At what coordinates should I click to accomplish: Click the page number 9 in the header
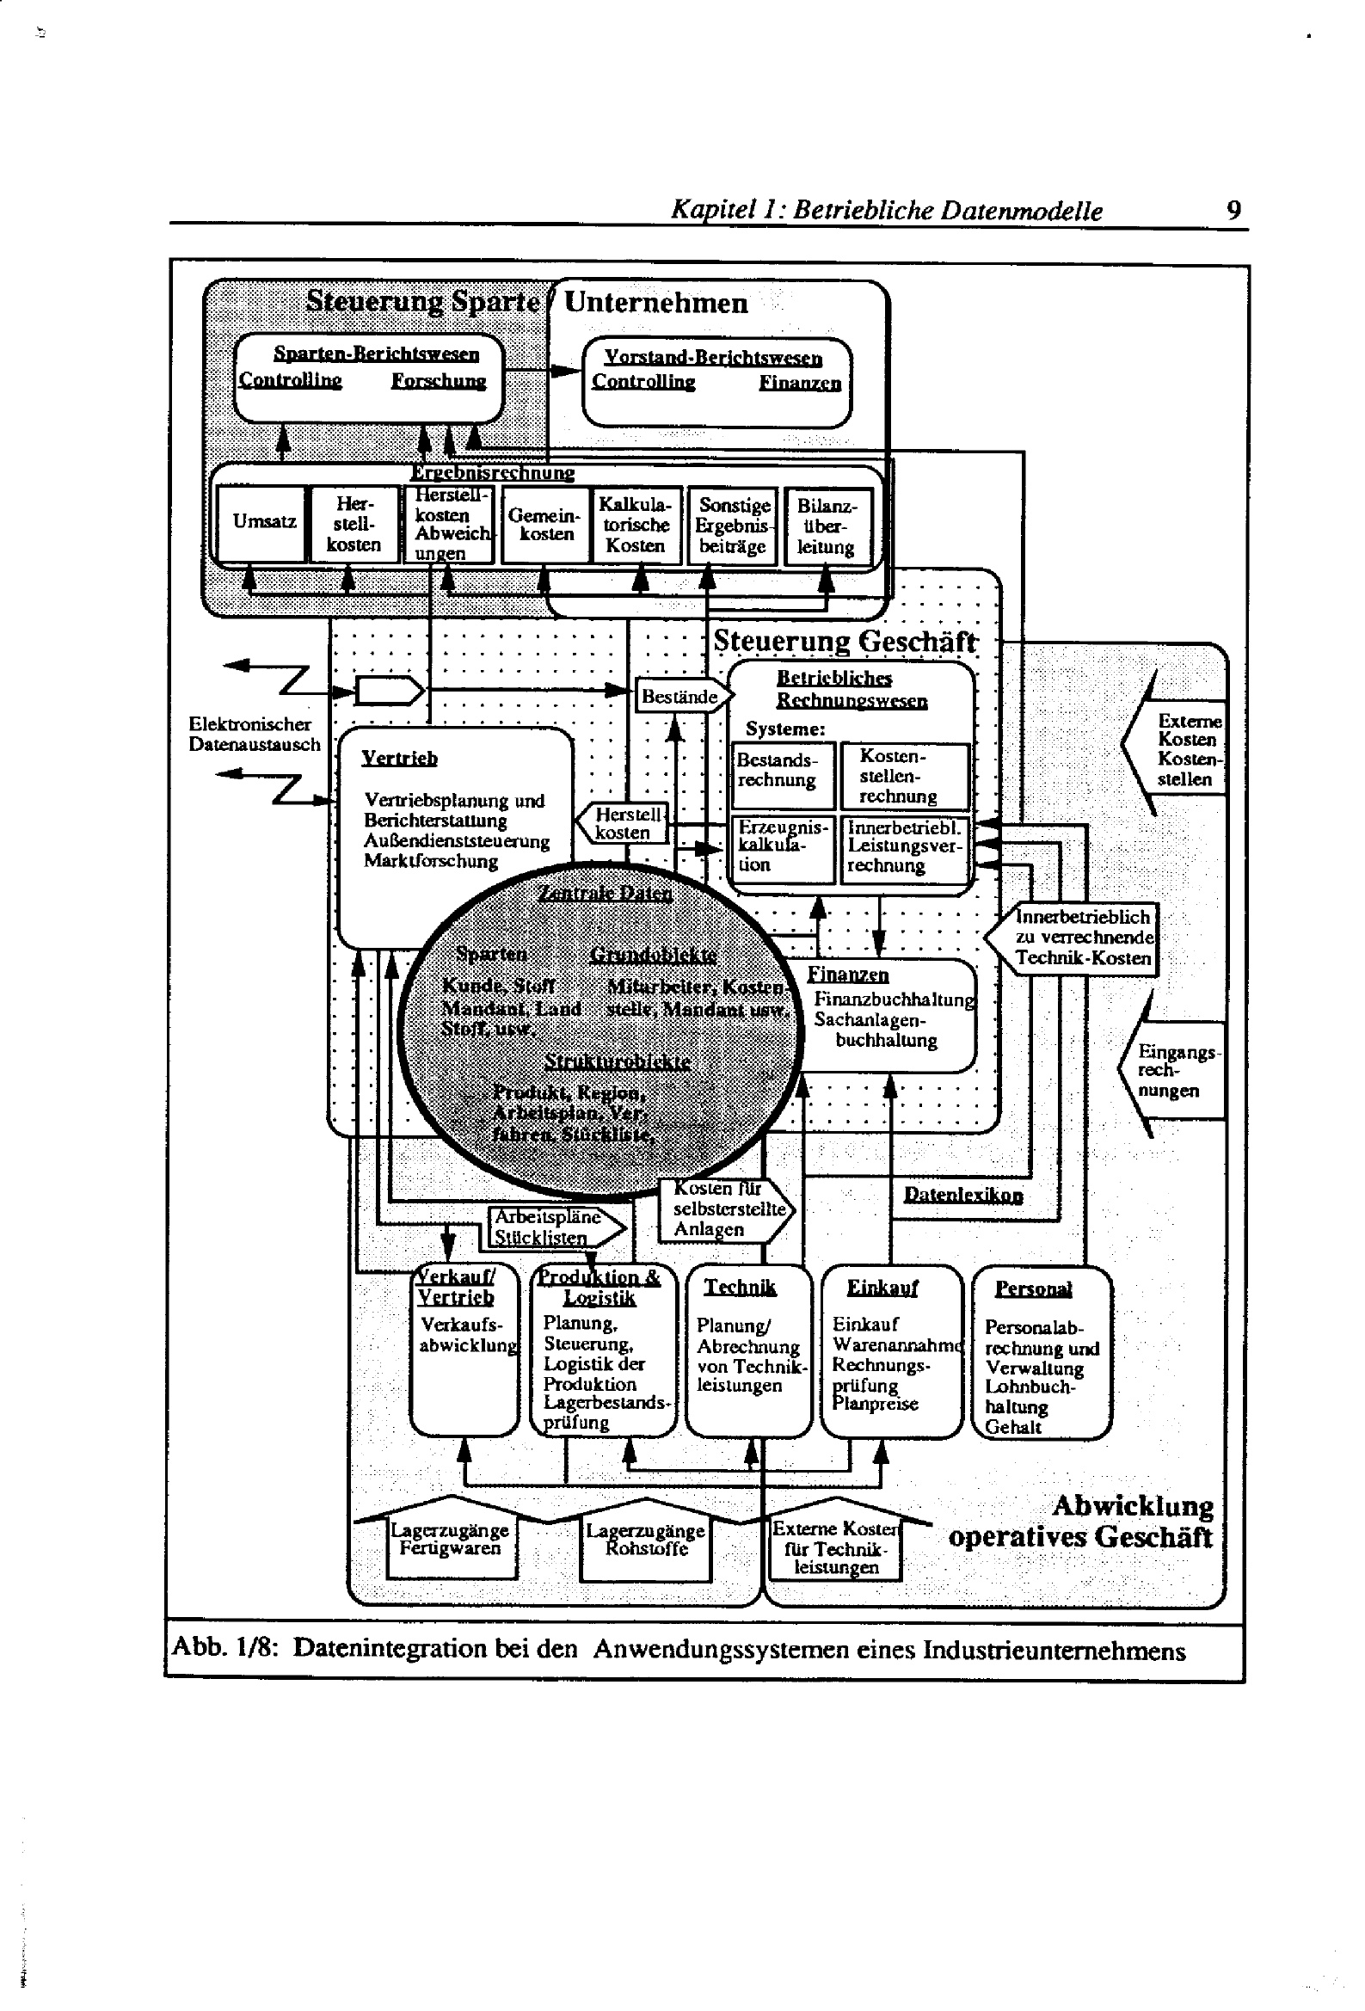tap(1233, 210)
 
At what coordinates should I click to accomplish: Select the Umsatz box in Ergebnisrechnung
tap(264, 522)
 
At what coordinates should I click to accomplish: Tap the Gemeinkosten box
tap(545, 525)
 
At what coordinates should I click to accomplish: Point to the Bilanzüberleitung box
tap(827, 526)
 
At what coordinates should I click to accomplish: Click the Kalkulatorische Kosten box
tap(636, 525)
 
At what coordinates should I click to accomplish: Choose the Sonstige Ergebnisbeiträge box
tap(732, 526)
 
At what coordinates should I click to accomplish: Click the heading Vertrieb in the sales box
tap(399, 758)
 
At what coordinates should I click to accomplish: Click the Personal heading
tap(1033, 1288)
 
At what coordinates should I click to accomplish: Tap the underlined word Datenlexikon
tap(962, 1195)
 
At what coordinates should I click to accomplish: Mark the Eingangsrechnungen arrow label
tap(1175, 1070)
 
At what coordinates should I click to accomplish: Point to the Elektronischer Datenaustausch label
tap(254, 734)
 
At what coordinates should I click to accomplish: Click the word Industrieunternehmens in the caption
tap(1054, 1651)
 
